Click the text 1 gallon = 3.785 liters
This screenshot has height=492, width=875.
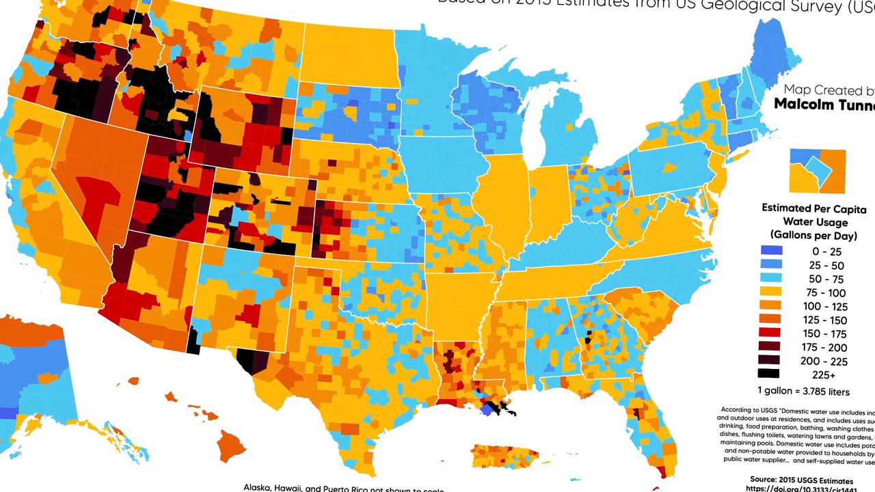click(x=803, y=392)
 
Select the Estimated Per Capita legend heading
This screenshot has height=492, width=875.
click(x=813, y=209)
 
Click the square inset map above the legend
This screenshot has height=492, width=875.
click(x=818, y=171)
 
